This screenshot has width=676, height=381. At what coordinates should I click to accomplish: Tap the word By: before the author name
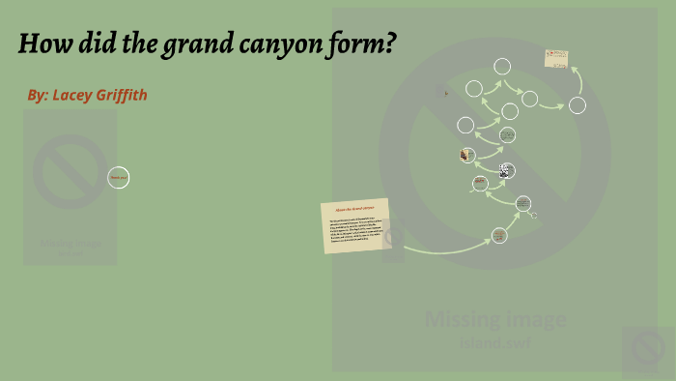point(38,95)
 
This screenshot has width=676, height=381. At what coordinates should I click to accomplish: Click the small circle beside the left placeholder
point(118,177)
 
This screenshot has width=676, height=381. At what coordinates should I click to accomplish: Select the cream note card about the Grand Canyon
point(355,225)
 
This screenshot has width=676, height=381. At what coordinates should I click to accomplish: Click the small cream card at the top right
point(555,59)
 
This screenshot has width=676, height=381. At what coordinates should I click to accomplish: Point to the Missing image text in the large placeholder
point(494,319)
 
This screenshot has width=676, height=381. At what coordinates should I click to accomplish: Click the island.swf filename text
point(494,341)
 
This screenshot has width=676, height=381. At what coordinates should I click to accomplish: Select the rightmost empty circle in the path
point(577,105)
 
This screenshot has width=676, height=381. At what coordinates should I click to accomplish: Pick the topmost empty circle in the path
point(502,67)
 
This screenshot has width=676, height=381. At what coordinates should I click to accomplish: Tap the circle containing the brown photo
point(467,155)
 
